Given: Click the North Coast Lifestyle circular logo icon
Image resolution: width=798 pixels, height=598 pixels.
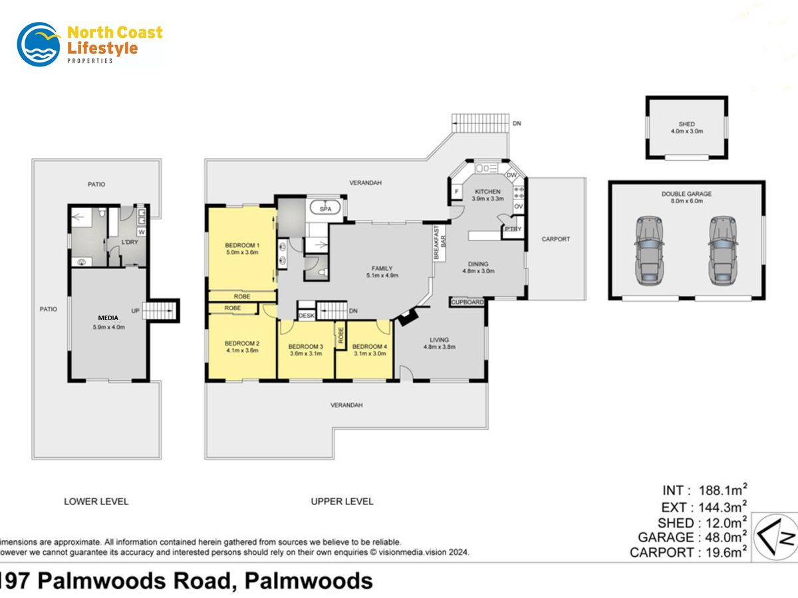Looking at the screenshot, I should (39, 44).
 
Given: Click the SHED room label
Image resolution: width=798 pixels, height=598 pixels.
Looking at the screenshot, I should (686, 124).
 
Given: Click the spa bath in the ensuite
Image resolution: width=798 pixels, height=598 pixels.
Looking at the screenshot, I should (325, 209).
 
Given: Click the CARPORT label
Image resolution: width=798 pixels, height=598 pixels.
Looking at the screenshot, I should (555, 239).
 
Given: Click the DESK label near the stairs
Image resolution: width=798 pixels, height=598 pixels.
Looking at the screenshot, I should (306, 316).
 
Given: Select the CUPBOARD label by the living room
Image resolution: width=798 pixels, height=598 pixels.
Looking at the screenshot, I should (467, 302).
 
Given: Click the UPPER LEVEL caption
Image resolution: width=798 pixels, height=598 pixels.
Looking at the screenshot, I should (342, 501).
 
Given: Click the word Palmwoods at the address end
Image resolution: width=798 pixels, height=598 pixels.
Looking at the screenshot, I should (309, 581).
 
